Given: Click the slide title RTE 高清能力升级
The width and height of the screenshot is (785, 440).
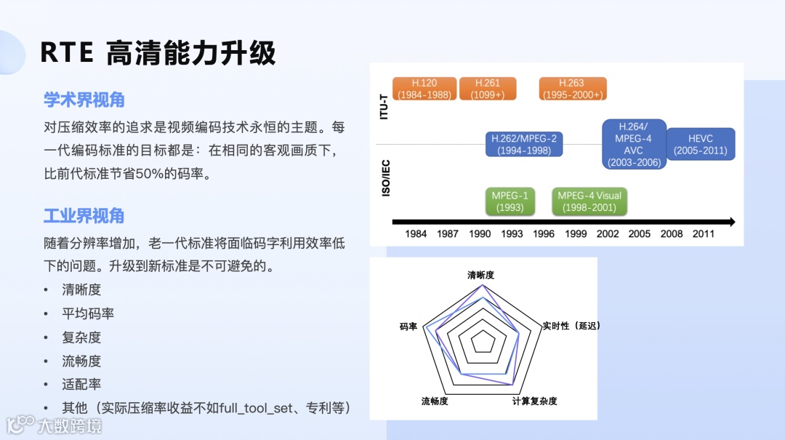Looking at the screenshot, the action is (158, 53).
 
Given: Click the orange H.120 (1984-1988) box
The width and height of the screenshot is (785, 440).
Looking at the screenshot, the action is (424, 89).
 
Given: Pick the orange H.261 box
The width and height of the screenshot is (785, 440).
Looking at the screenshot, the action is (488, 89).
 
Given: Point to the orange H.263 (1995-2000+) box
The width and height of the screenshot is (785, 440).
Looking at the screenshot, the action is (572, 89).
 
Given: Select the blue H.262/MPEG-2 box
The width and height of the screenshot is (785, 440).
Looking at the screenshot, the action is (524, 144).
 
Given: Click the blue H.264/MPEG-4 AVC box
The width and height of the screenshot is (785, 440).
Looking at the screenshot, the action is (633, 144).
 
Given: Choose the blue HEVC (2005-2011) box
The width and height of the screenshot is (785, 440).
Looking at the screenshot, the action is (700, 144).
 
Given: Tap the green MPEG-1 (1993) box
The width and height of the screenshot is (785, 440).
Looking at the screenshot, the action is (509, 201).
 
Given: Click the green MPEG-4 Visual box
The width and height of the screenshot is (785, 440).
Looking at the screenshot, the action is (589, 201).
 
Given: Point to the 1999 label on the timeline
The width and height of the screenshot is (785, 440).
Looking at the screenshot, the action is (576, 233).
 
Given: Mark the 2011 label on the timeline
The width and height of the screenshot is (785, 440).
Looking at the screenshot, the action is (703, 233).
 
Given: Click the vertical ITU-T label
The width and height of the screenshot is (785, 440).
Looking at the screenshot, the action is (385, 105).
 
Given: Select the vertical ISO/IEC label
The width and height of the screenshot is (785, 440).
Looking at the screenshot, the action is (386, 177).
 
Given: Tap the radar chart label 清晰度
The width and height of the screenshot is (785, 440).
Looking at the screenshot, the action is (480, 276).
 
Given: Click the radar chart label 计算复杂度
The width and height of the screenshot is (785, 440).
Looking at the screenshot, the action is (534, 401).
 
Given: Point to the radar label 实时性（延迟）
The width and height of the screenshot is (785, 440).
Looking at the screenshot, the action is (571, 326).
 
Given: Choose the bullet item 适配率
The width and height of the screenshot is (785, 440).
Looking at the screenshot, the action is (81, 384).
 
